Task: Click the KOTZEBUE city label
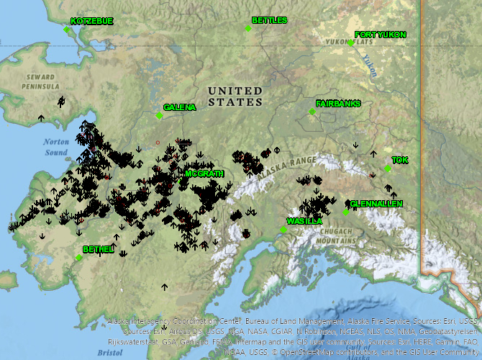coord(92,22)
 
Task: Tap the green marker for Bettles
coord(248,29)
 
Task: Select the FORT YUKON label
coord(381,35)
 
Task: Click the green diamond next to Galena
coord(159,115)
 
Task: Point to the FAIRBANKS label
coord(338,104)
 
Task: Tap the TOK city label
coord(399,160)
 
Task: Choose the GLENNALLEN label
coord(376,204)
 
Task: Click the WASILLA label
coord(304,221)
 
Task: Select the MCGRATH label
coord(204,174)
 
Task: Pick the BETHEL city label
coord(99,249)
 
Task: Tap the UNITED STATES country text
coord(235,96)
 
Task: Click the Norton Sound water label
coord(55,148)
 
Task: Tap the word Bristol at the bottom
coord(111,354)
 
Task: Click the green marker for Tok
coord(388,168)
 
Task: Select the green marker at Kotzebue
coord(66,30)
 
